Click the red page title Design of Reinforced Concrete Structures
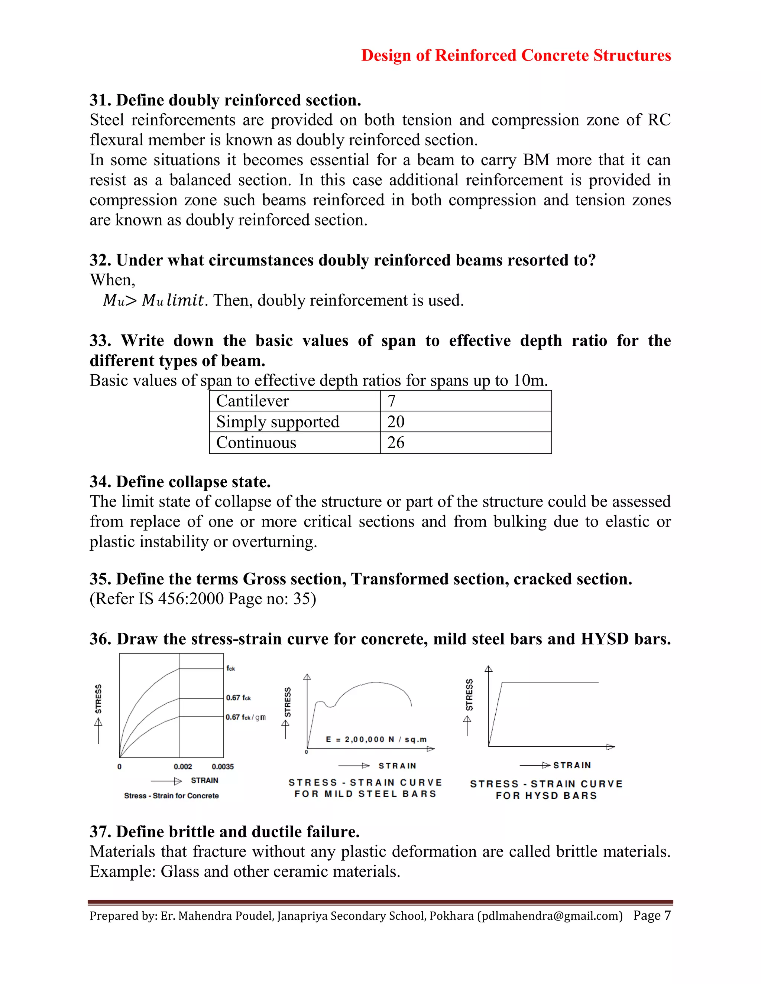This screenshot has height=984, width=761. pos(516,55)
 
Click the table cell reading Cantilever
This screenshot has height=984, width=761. pos(252,401)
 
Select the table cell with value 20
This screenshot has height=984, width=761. pos(396,422)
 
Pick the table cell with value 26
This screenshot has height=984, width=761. pos(396,443)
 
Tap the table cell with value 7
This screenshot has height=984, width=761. pos(391,401)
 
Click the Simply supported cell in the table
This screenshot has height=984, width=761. pos(277,422)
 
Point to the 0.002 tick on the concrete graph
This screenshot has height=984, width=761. pos(182,766)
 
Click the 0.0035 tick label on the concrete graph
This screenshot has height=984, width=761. pos(223,766)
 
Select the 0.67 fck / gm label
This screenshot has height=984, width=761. pos(245,717)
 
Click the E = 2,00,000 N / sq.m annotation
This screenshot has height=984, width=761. pos(376,739)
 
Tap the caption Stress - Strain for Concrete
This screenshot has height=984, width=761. pos(171,796)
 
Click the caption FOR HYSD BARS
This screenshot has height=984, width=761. pos(546,796)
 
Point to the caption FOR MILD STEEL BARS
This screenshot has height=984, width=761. pos(365,794)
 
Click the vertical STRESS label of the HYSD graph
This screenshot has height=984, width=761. pos(469,695)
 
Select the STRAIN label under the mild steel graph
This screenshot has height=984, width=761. pos(397,766)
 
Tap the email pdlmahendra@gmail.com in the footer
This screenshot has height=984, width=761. pos(550,916)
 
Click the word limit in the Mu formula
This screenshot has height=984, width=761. pos(185,300)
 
